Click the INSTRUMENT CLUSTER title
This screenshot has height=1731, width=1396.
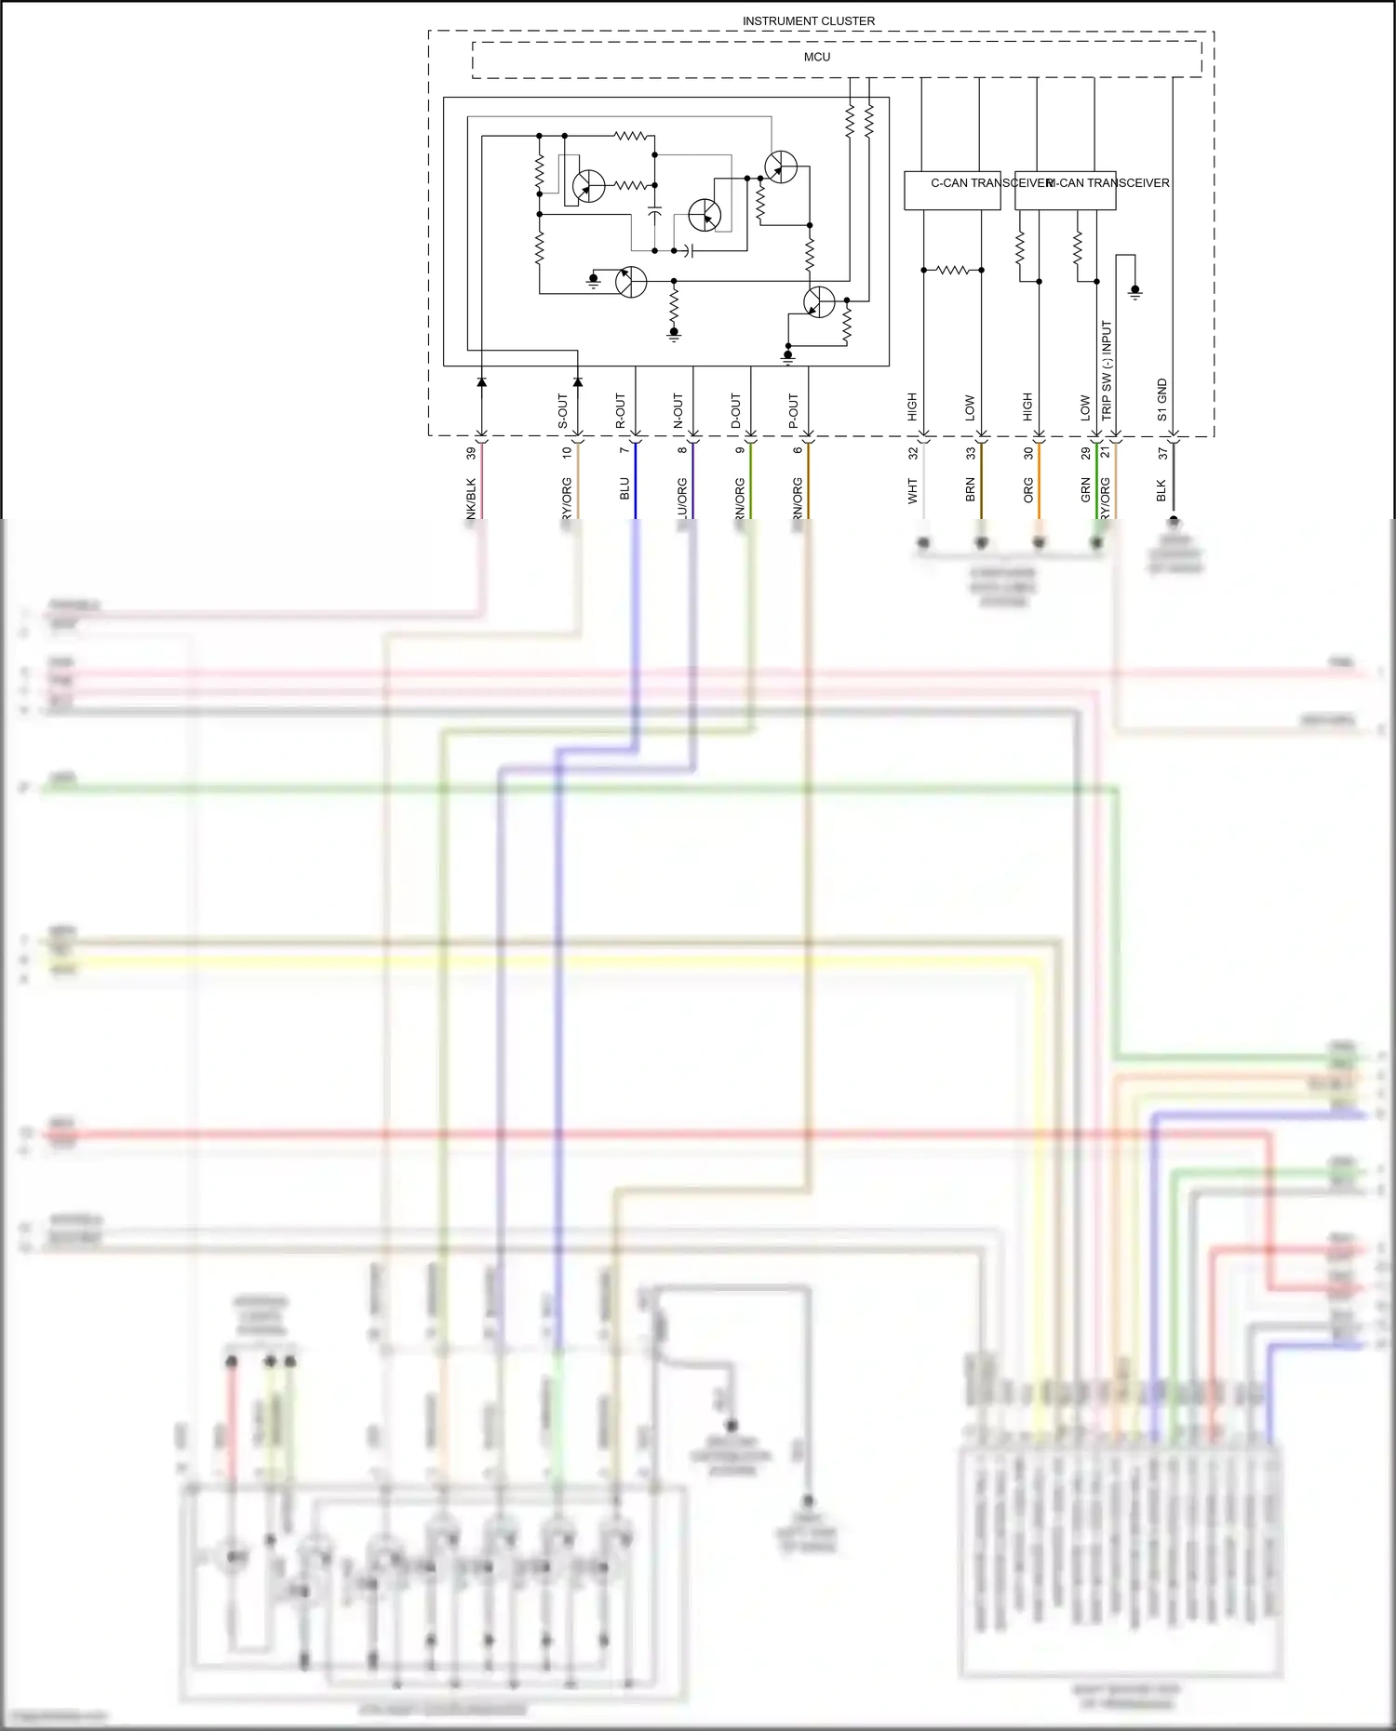[x=808, y=20]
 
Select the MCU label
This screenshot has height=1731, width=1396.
[x=817, y=57]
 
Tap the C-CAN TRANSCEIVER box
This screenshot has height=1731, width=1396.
[x=952, y=190]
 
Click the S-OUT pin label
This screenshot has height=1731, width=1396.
[x=563, y=411]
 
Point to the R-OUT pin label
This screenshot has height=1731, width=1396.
[x=621, y=411]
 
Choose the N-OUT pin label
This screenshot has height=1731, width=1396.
[x=678, y=411]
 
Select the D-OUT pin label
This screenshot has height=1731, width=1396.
[x=736, y=411]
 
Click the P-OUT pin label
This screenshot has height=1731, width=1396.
[x=794, y=411]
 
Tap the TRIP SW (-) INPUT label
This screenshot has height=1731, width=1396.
[x=1107, y=369]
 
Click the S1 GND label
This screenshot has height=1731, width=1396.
[x=1162, y=399]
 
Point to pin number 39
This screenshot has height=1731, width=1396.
[x=471, y=453]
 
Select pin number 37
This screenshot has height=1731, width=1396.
[x=1162, y=453]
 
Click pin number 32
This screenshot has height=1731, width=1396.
[x=913, y=453]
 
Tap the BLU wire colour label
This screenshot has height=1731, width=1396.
[x=624, y=489]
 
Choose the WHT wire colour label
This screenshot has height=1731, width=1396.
[x=913, y=491]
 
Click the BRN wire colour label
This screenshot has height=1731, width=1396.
[x=971, y=490]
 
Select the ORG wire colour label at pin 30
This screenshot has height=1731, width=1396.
[x=1028, y=490]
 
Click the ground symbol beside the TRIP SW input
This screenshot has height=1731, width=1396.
[x=1134, y=292]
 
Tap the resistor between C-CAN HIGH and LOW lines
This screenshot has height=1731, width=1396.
[x=952, y=270]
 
